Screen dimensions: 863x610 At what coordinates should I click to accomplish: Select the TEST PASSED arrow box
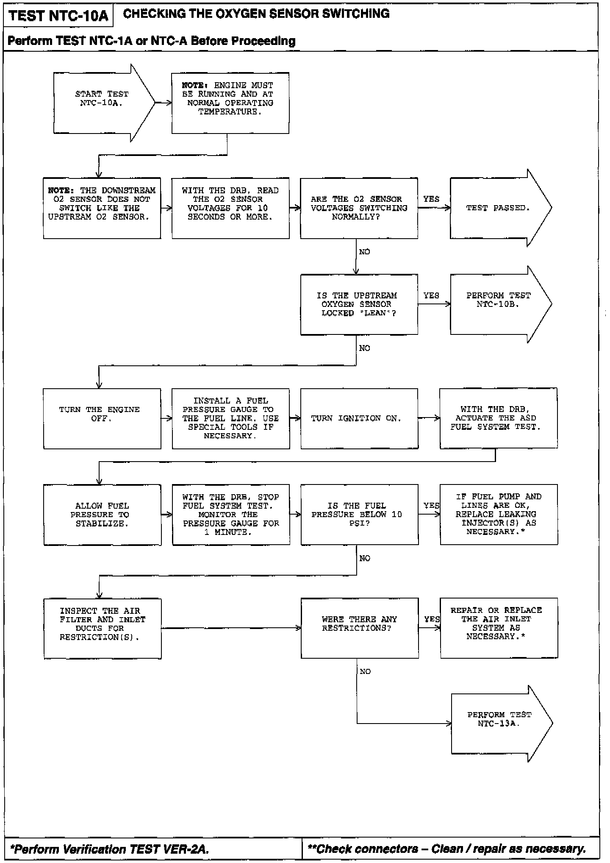coord(498,208)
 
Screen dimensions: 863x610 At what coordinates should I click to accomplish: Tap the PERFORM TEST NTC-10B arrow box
coord(498,304)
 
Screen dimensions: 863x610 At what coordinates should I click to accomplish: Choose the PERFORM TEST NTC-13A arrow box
coord(498,723)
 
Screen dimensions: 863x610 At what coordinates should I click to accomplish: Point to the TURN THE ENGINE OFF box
coord(102,418)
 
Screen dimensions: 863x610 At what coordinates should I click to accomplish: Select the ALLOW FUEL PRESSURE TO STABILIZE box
coord(102,515)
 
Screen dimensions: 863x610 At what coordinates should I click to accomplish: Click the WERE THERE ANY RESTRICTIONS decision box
coord(359,628)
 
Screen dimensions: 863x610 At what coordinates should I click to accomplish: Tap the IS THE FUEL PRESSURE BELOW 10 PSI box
coord(359,515)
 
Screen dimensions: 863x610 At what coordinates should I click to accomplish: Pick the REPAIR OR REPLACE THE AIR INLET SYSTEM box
coord(499,628)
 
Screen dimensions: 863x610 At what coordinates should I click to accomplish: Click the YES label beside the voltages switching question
coord(431,199)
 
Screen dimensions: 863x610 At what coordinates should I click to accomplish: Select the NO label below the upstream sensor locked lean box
coord(364,348)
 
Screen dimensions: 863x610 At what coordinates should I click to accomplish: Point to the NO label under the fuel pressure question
coord(364,559)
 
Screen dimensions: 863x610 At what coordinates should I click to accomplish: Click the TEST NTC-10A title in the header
coord(58,16)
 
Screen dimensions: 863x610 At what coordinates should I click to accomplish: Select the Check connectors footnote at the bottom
coord(447,849)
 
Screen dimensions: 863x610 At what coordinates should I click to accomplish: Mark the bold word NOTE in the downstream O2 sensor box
coord(61,191)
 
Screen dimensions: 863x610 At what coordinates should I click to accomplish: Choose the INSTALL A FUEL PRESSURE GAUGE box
coord(231,418)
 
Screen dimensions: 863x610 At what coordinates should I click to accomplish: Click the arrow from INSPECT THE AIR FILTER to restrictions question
coord(231,628)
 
